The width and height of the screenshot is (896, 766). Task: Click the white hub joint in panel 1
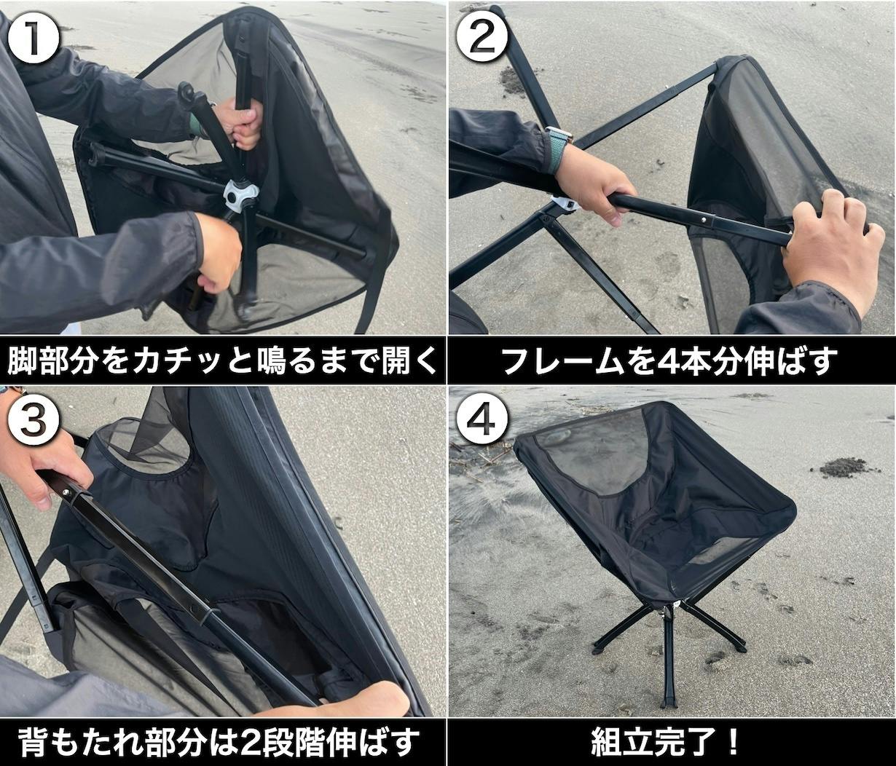pyautogui.click(x=240, y=197)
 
